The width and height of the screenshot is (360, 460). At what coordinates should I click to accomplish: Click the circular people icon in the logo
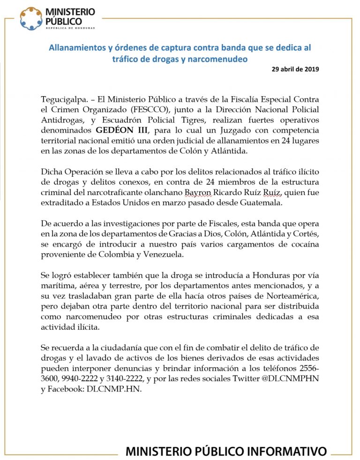tap(30, 18)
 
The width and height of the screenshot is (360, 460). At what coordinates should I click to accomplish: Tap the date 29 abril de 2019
tap(295, 69)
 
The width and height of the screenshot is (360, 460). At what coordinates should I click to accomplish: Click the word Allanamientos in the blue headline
tap(76, 48)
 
